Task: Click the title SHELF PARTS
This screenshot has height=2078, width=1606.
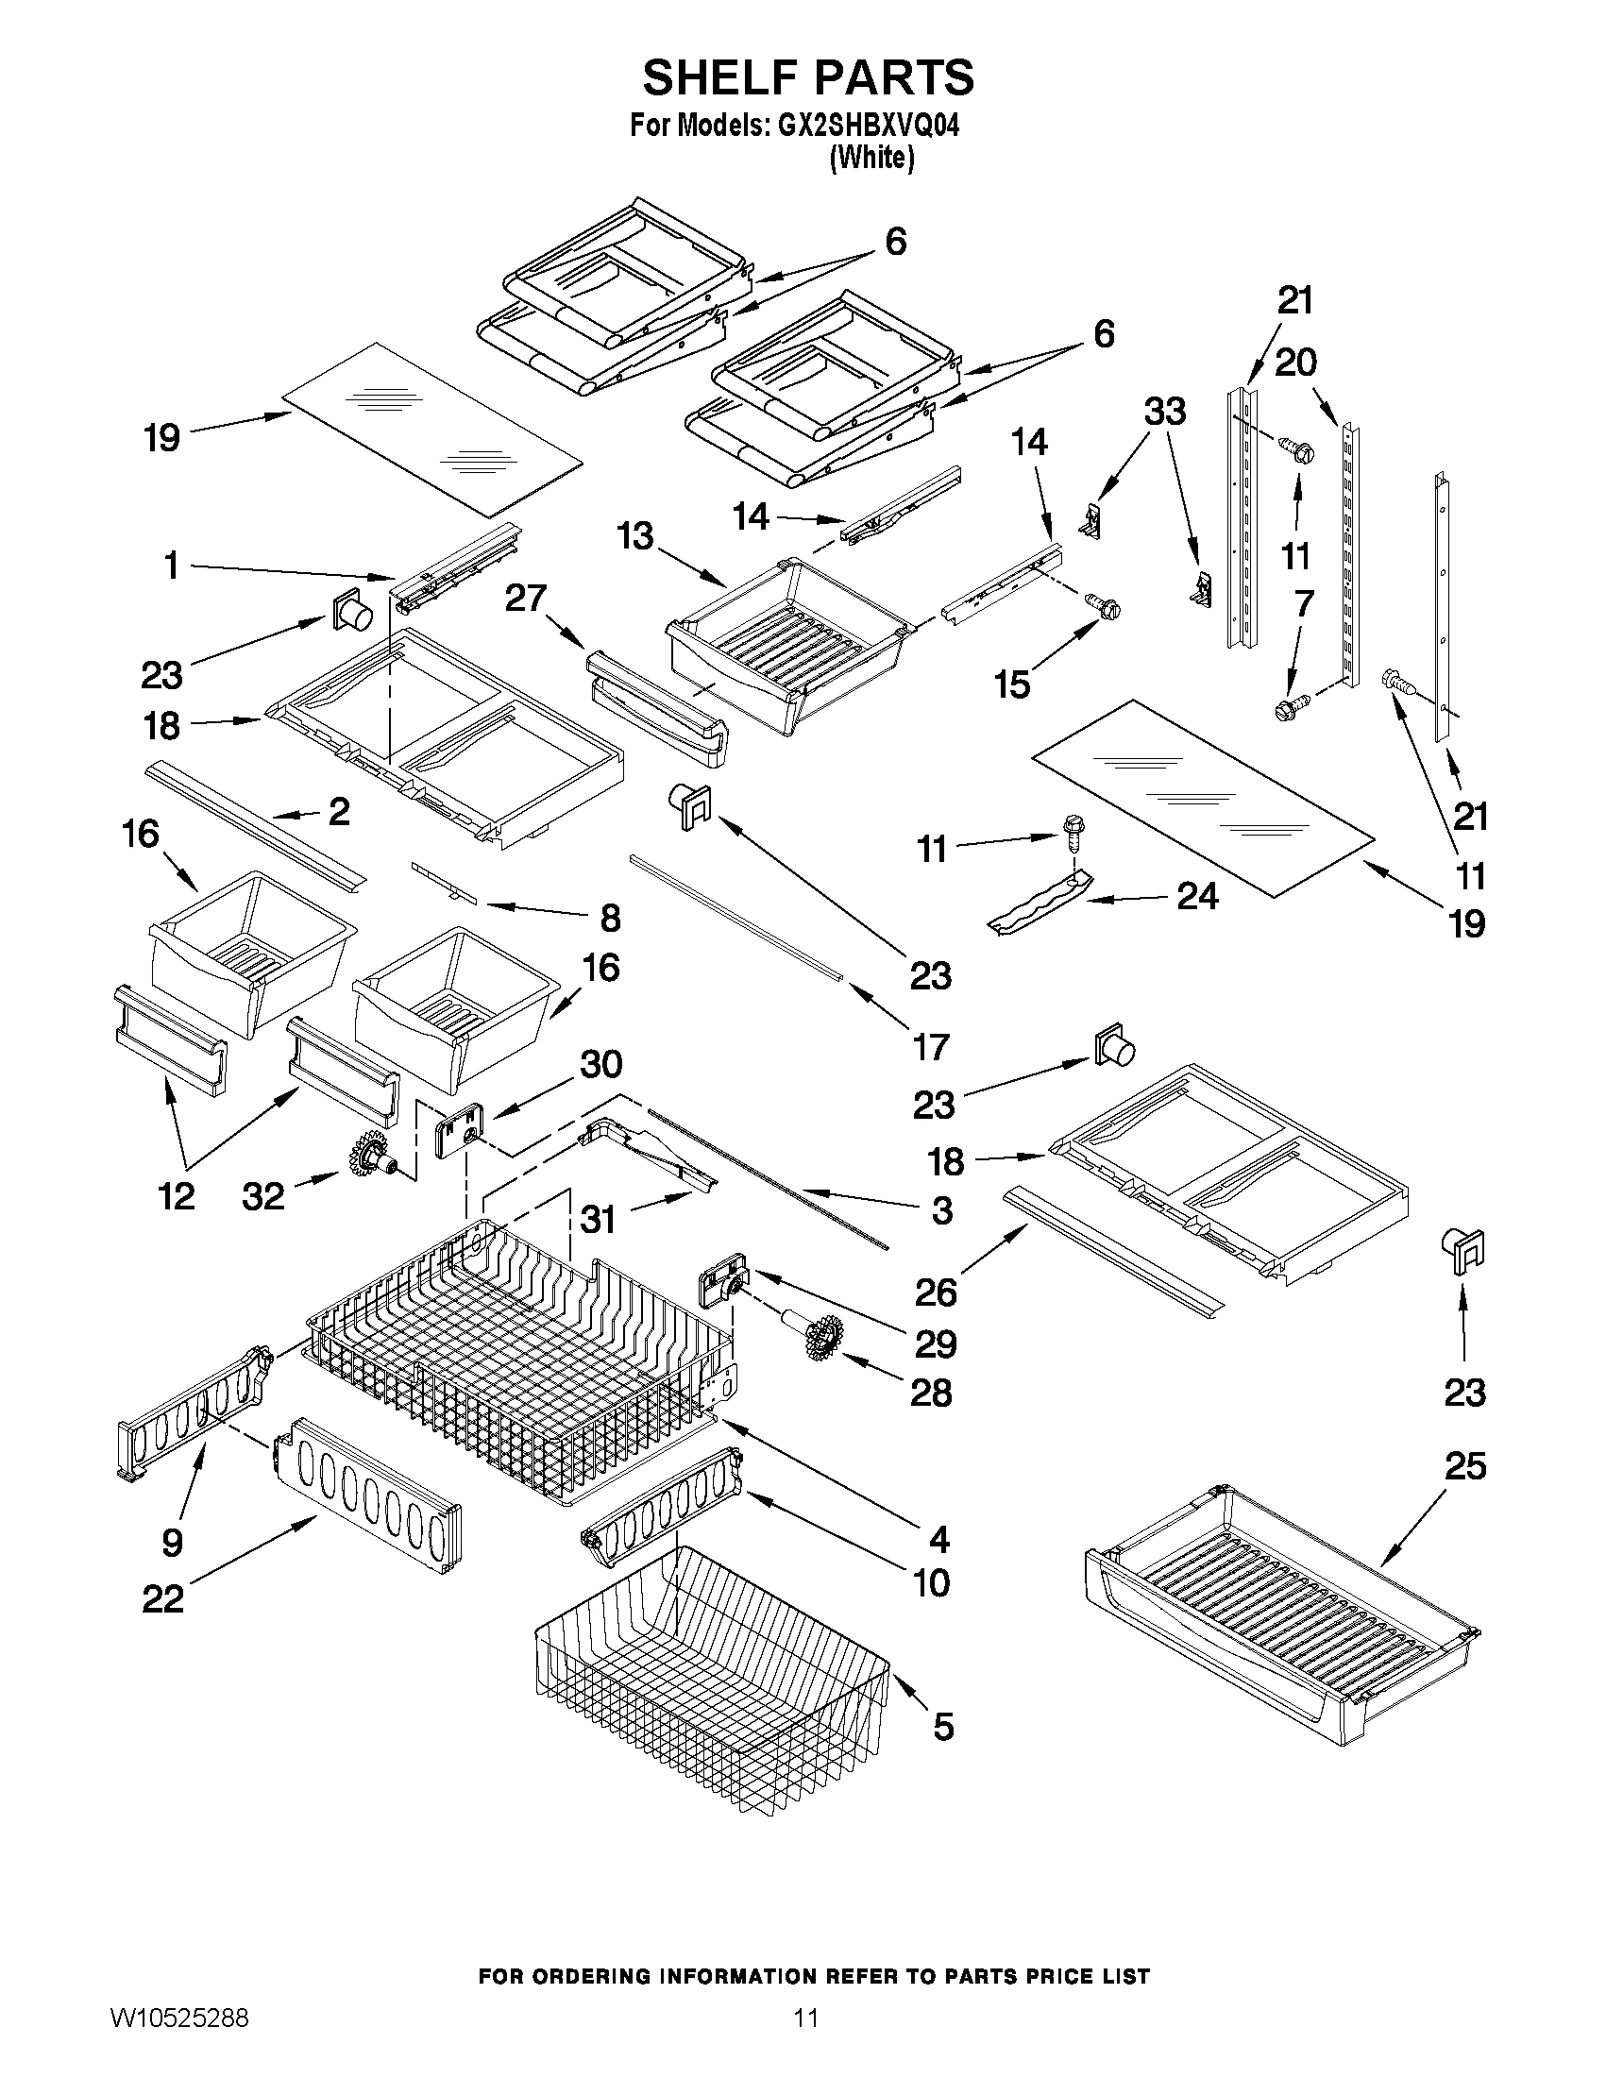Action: click(x=808, y=78)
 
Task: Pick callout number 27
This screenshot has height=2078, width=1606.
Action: click(x=525, y=599)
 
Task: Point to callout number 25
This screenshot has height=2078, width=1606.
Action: click(x=1464, y=1466)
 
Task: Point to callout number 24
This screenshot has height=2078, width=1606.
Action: click(x=1197, y=895)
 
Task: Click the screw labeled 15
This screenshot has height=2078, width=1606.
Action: click(x=1103, y=605)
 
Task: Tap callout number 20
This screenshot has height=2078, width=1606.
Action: click(x=1294, y=363)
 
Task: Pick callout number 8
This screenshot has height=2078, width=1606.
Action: click(x=610, y=919)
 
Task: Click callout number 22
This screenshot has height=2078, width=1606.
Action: click(x=162, y=1598)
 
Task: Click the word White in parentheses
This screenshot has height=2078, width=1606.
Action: click(x=871, y=158)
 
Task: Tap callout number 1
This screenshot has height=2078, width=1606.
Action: click(x=171, y=566)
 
